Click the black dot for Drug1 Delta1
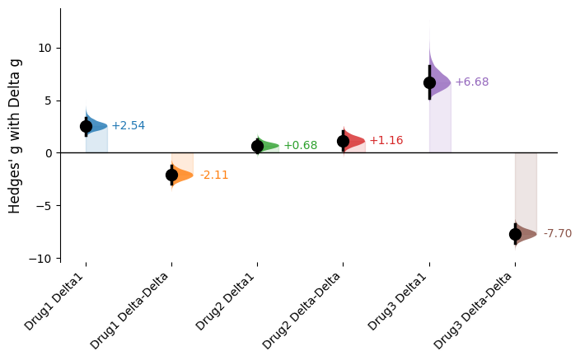click(x=86, y=126)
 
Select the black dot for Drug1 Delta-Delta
click(x=171, y=175)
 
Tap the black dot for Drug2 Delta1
click(x=257, y=146)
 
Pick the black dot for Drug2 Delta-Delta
click(x=343, y=141)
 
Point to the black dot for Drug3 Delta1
click(x=429, y=82)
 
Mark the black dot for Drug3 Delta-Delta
click(x=515, y=234)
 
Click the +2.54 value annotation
click(x=128, y=126)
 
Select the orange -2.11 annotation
click(x=213, y=175)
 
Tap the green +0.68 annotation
click(x=300, y=146)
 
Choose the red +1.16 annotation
click(x=386, y=141)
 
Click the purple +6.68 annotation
click(x=471, y=82)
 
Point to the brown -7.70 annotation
click(x=557, y=234)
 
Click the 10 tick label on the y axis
click(x=45, y=48)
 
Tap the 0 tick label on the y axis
click(x=49, y=153)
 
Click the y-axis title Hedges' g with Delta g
click(x=15, y=137)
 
